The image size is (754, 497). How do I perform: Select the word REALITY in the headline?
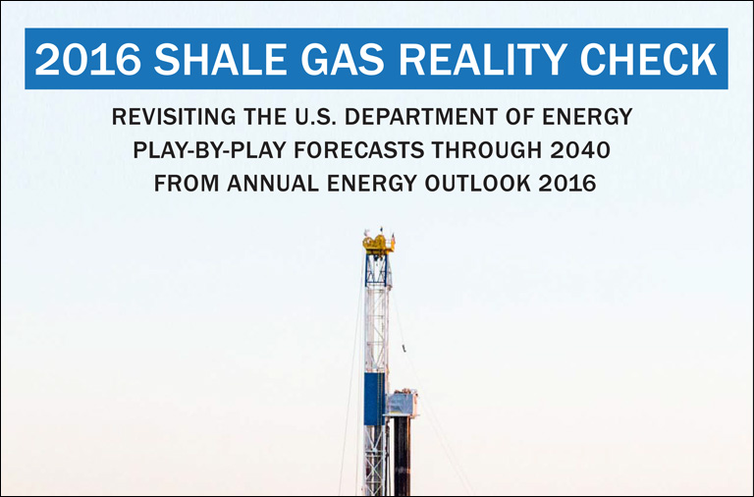(x=481, y=59)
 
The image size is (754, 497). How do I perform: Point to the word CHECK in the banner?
(x=649, y=59)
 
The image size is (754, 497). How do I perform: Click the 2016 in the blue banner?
(x=87, y=59)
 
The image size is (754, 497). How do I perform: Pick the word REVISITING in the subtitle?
(x=174, y=117)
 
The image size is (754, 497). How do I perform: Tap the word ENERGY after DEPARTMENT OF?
(x=587, y=117)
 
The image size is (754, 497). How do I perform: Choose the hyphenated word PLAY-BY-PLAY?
(x=209, y=150)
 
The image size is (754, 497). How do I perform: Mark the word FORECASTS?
(x=359, y=150)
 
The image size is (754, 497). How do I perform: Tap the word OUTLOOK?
(x=477, y=184)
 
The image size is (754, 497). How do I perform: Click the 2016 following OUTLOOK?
(x=567, y=184)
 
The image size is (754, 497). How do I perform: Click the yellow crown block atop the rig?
(x=378, y=244)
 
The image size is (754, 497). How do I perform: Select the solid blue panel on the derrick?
(x=374, y=399)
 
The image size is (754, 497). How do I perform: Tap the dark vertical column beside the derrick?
(x=402, y=456)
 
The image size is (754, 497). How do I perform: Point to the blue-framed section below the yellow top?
(x=377, y=270)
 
